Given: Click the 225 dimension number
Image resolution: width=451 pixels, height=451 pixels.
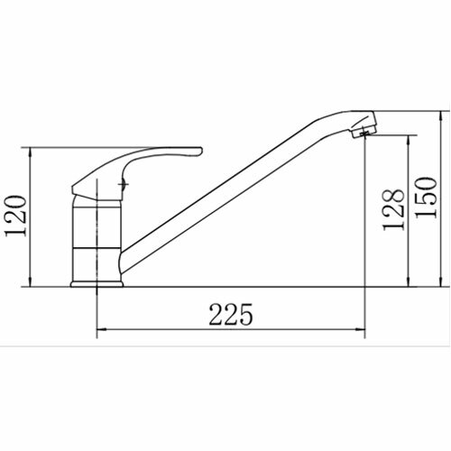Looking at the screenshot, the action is click(x=231, y=314).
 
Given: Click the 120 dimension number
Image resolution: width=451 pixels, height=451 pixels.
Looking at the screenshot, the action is click(x=16, y=216).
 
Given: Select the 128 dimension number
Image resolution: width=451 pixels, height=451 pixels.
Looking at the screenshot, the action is click(x=393, y=209).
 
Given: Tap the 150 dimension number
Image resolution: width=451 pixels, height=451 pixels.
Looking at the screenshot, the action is click(x=425, y=198).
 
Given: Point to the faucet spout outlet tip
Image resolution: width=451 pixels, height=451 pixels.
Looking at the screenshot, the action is click(x=364, y=133).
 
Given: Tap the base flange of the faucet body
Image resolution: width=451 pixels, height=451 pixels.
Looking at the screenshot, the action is click(x=97, y=284).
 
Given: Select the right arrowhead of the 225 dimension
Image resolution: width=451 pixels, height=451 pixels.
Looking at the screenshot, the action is click(x=361, y=329).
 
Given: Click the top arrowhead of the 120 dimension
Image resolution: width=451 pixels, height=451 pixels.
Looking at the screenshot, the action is click(x=30, y=152).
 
